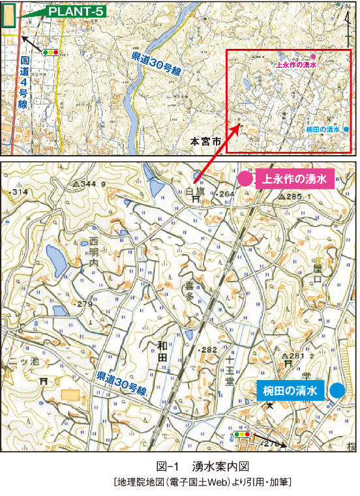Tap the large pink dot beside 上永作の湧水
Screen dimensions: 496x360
point(245,179)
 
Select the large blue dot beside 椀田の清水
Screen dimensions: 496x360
point(337,391)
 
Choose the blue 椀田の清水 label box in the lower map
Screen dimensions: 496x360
point(290,391)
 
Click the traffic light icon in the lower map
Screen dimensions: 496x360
point(241,433)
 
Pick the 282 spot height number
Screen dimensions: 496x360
point(209,351)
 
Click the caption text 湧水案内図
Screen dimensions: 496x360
point(218,467)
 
